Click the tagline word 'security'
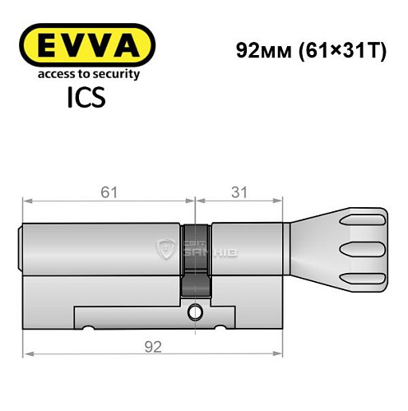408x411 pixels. [114, 74]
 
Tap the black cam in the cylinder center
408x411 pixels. [196, 259]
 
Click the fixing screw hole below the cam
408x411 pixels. [196, 312]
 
